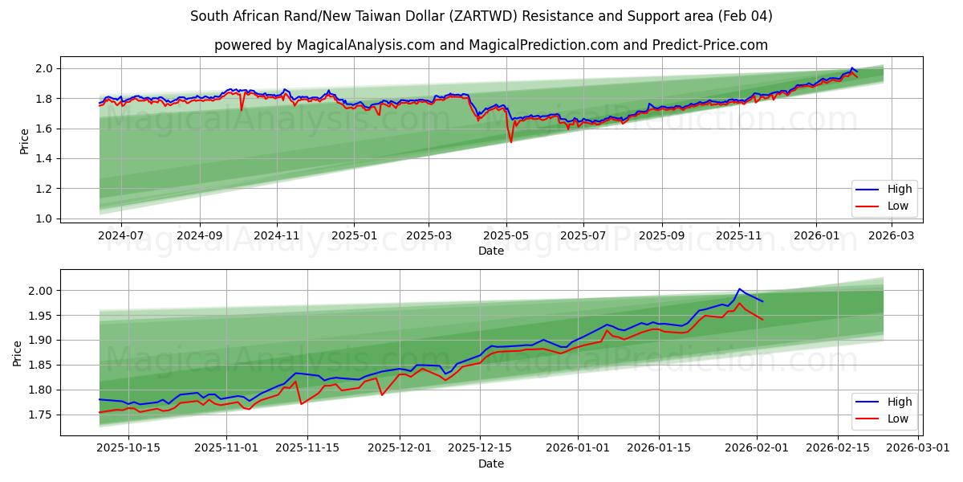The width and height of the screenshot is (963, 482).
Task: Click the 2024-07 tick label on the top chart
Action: pos(121,235)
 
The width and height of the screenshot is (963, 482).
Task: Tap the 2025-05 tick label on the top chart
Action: pos(506,235)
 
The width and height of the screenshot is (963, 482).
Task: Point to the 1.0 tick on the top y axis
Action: pos(44,219)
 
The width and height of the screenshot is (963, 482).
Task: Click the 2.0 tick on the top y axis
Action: pos(44,68)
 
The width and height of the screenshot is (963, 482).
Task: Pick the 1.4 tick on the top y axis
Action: pos(44,158)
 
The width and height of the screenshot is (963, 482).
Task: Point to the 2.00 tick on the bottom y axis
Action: pos(41,291)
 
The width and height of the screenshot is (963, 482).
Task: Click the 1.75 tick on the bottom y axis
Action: pos(41,415)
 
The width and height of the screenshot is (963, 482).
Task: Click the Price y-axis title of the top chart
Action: pos(24,141)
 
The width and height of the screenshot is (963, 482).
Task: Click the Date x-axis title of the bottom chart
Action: pos(491,464)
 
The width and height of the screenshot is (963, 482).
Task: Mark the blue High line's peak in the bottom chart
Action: pos(739,289)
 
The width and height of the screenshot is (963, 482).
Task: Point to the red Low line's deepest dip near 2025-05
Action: pos(510,142)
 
